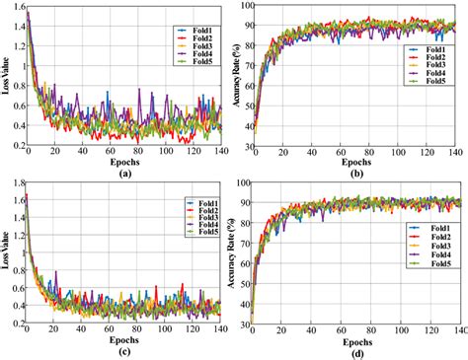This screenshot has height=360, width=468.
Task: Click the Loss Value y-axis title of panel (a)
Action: pos(7,76)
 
